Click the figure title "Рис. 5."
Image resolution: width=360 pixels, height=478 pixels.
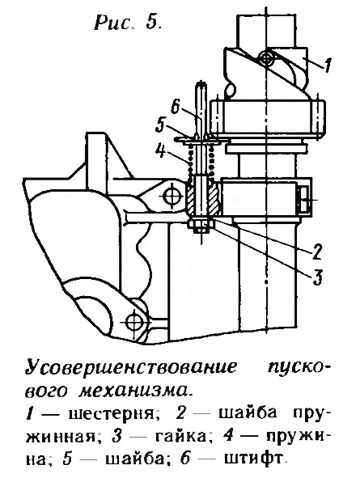click(128, 23)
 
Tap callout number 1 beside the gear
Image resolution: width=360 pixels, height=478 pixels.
click(327, 65)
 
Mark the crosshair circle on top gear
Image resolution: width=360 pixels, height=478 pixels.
click(267, 58)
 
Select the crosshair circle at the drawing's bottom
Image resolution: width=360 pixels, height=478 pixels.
click(134, 321)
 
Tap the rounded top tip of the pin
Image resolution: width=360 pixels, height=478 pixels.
click(201, 84)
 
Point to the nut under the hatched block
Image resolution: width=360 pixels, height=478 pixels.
click(201, 226)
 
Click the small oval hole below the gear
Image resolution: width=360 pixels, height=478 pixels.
click(231, 90)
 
